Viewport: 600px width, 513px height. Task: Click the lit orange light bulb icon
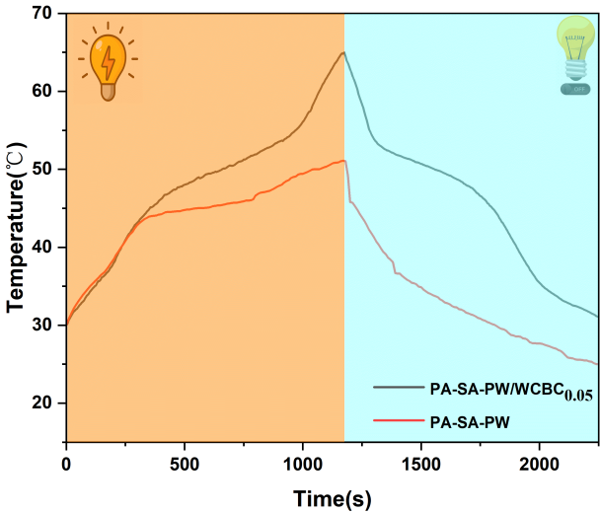(106, 65)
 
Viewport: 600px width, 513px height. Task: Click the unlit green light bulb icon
(574, 54)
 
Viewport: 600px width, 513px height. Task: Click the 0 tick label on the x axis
(66, 463)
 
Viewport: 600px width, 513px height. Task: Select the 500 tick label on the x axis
(185, 463)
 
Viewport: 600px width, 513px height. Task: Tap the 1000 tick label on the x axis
(303, 463)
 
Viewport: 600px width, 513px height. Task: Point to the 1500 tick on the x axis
(421, 463)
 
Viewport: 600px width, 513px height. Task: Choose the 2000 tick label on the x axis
(540, 463)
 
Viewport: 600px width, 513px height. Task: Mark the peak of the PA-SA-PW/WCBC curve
(343, 53)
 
